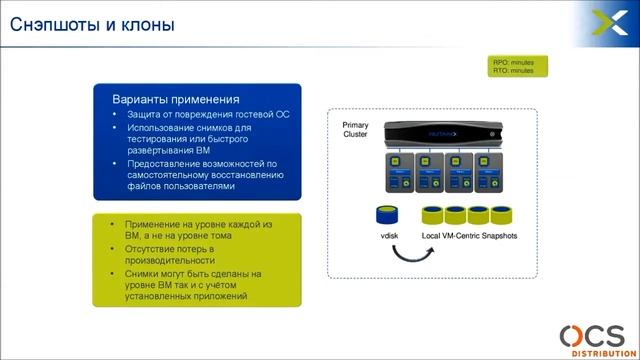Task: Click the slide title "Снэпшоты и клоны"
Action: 91,24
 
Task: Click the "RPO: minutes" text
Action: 512,63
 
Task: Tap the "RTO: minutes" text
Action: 512,72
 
